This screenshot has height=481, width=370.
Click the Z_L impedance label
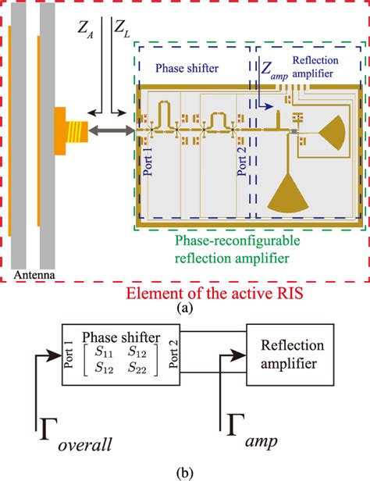122,30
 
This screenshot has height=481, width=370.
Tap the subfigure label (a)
184,308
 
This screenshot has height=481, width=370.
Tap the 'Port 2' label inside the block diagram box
171,364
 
